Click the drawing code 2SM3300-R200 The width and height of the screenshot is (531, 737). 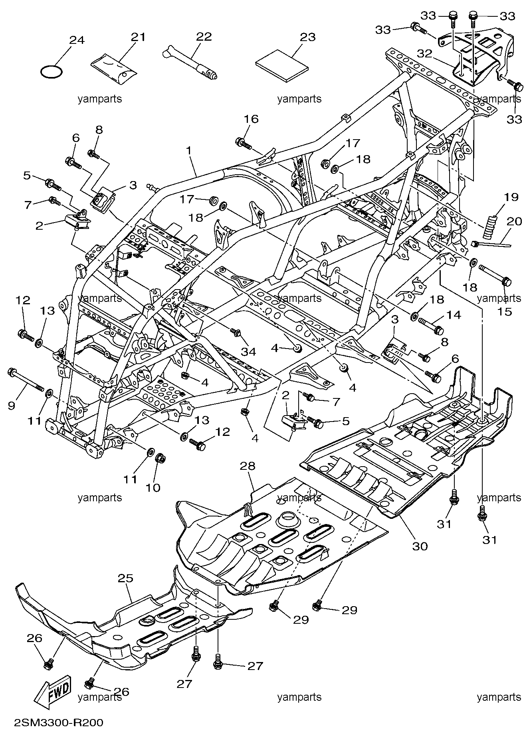(x=58, y=722)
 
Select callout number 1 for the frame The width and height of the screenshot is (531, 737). (x=188, y=150)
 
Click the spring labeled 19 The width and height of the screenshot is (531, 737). (x=490, y=227)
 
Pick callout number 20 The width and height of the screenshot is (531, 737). (x=514, y=221)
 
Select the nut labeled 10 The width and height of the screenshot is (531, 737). (x=160, y=458)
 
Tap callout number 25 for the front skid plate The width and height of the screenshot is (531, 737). (x=125, y=579)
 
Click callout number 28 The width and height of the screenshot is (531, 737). (x=250, y=465)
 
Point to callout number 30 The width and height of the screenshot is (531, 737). (x=420, y=546)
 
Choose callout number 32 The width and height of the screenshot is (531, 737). (x=425, y=54)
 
